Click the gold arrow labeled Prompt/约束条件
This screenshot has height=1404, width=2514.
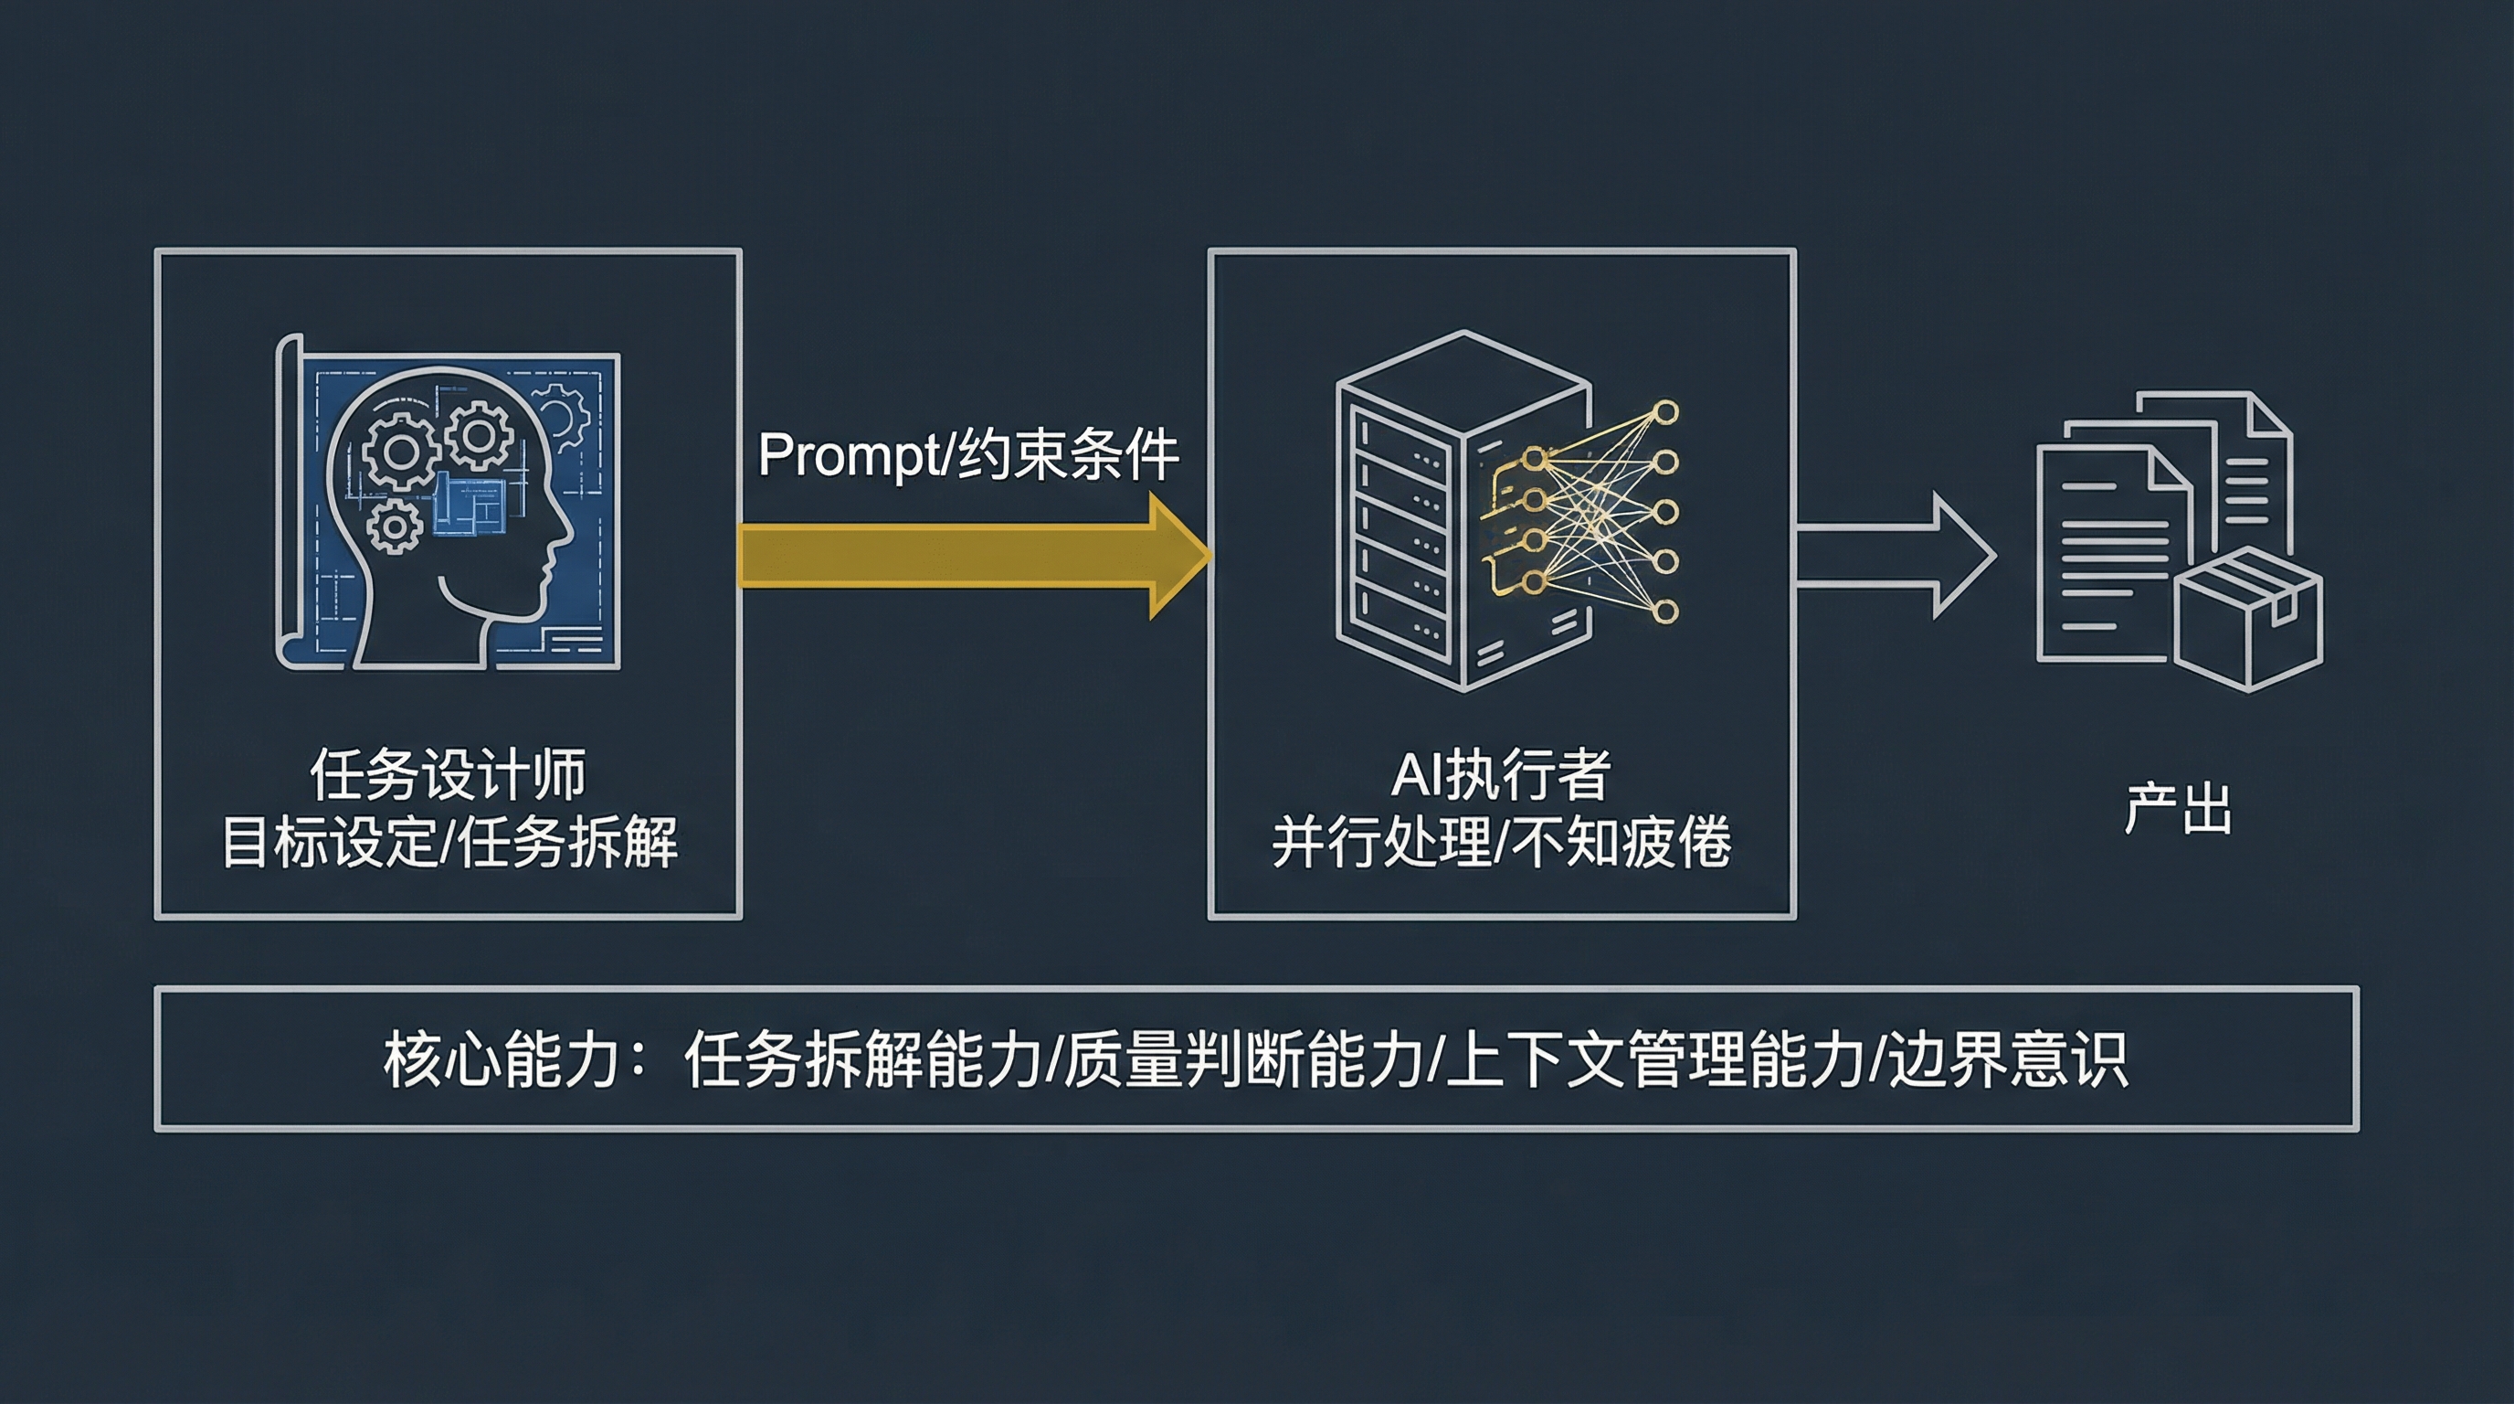coord(967,556)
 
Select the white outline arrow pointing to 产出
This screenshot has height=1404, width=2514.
coord(1894,556)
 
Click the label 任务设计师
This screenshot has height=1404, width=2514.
coord(448,774)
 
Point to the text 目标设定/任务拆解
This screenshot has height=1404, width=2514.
coord(448,842)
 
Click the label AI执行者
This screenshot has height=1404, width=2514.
coord(1501,774)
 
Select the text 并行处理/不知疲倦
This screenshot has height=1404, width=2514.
coord(1501,842)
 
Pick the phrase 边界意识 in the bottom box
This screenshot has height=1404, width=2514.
coord(2010,1059)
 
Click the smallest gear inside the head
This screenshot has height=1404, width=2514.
coord(395,528)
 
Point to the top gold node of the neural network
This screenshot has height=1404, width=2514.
coord(1666,412)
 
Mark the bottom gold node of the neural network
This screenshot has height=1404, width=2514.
coord(1666,612)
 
